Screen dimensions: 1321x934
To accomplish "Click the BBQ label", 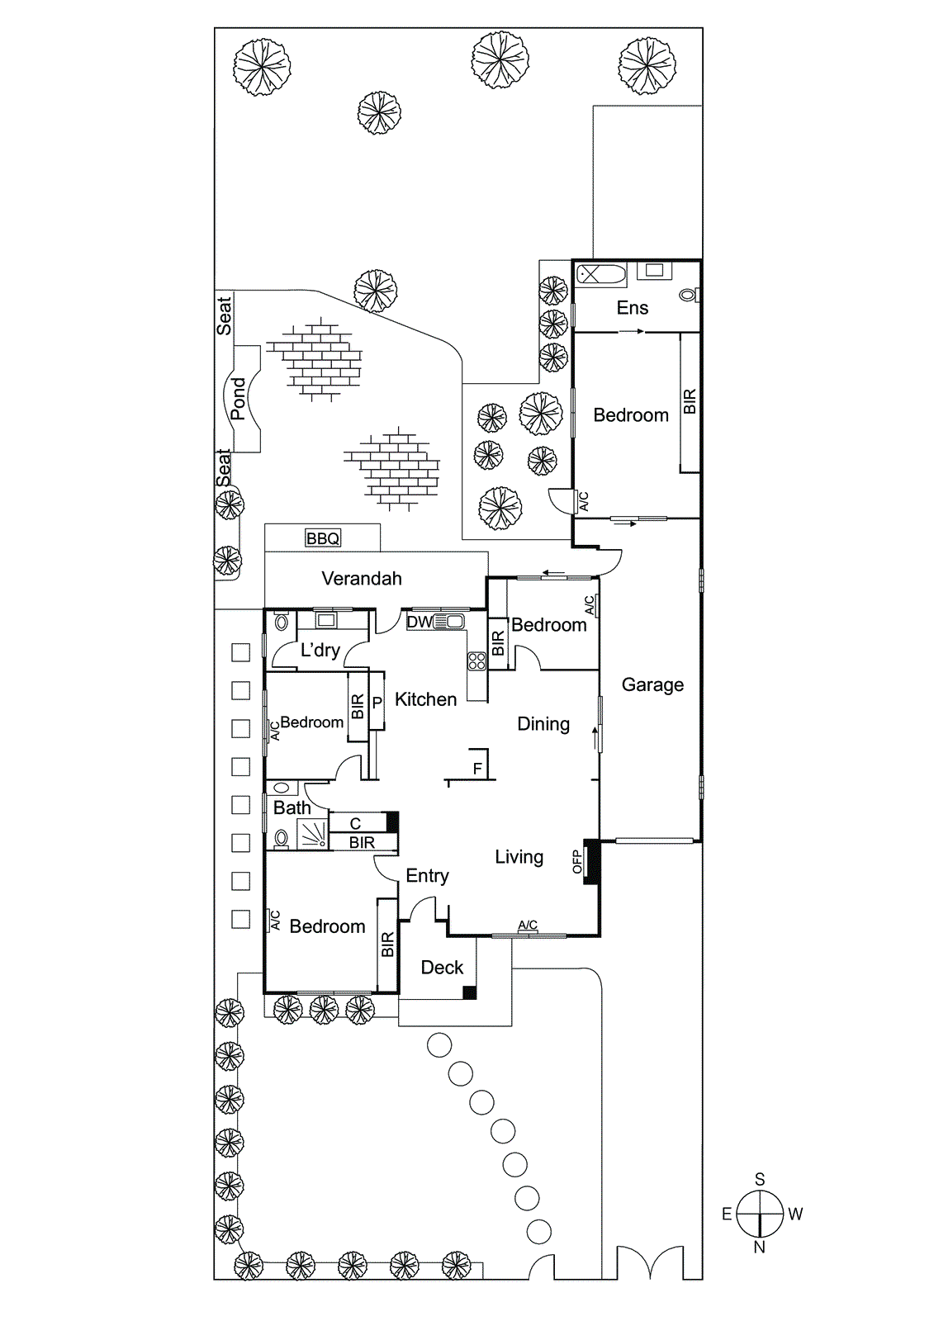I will tap(322, 538).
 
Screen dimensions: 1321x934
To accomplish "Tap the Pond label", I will tap(239, 399).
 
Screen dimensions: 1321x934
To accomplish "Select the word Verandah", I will tap(362, 579).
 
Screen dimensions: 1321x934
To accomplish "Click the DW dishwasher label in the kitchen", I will tap(419, 622).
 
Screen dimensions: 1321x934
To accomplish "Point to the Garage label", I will tap(652, 684).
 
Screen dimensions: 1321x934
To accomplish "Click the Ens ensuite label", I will tap(633, 308).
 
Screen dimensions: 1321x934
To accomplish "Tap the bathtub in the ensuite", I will tap(600, 274).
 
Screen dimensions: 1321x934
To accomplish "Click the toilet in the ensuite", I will tap(688, 294).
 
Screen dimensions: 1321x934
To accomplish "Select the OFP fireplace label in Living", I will tap(577, 862).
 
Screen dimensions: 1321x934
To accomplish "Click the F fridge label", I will tap(477, 769).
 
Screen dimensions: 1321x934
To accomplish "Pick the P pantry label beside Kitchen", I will tap(377, 703).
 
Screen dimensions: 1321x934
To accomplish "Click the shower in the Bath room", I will tap(313, 834).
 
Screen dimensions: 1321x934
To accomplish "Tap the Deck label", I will tap(442, 968).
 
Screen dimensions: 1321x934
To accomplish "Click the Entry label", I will tap(427, 876).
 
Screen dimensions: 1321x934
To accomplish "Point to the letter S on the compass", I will tap(760, 1179).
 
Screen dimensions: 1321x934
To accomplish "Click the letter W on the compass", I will tap(795, 1214).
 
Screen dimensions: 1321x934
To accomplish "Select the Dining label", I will tap(543, 724).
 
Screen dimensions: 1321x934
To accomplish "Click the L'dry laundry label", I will tap(320, 650).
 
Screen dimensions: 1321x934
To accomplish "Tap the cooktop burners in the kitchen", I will tap(476, 660).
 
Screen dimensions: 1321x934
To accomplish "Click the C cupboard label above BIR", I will tap(355, 823).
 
